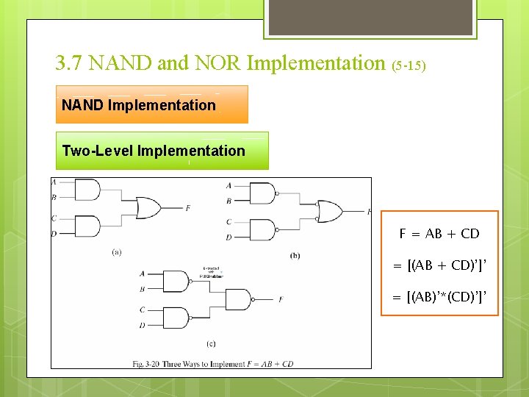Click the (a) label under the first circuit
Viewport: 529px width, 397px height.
tap(117, 252)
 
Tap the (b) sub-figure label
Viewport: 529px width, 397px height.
tap(295, 255)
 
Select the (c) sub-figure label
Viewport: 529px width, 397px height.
tap(211, 343)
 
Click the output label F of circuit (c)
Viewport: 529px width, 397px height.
tap(281, 299)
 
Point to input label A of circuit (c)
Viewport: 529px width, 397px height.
tap(142, 273)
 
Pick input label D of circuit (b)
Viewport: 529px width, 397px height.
tap(229, 237)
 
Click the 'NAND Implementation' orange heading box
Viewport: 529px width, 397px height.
tap(152, 105)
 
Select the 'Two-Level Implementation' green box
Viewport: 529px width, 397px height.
tap(162, 151)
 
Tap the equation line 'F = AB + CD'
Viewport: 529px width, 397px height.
tap(439, 234)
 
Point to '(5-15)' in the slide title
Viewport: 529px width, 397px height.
tap(408, 65)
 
